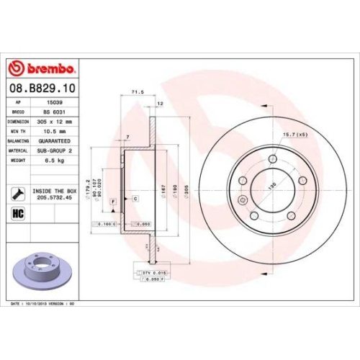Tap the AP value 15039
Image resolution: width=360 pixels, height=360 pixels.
(x=47, y=103)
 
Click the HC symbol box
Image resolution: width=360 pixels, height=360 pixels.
(x=19, y=214)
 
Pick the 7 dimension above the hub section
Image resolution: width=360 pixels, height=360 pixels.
(x=127, y=137)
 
